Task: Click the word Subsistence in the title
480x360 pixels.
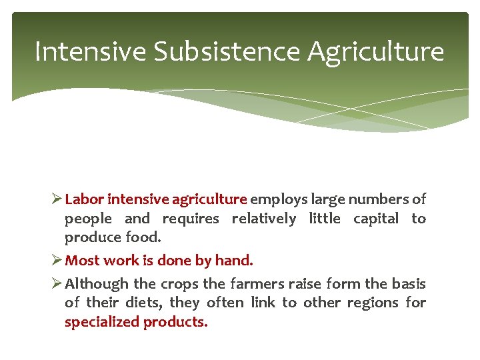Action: pos(227,51)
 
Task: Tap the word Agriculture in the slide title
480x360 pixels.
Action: pos(375,51)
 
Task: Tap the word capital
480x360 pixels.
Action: pos(375,218)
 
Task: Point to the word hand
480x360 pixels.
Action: pos(237,260)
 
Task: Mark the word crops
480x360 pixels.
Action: pos(182,284)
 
